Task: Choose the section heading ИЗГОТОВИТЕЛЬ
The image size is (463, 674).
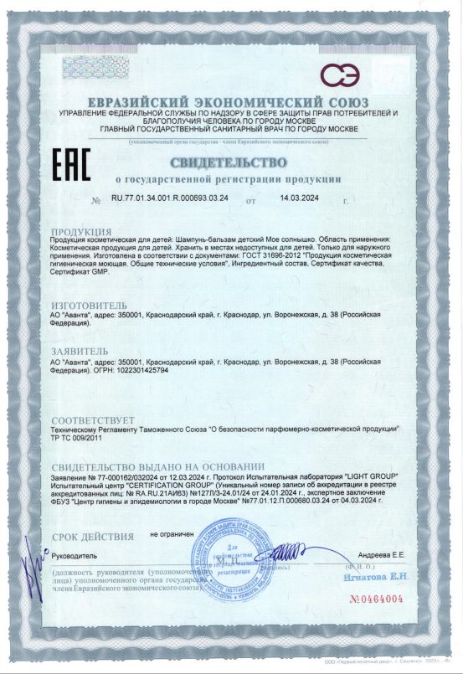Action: tap(90, 306)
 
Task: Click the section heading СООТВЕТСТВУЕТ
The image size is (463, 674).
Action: tap(93, 419)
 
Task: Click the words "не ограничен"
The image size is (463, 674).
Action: tap(172, 533)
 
